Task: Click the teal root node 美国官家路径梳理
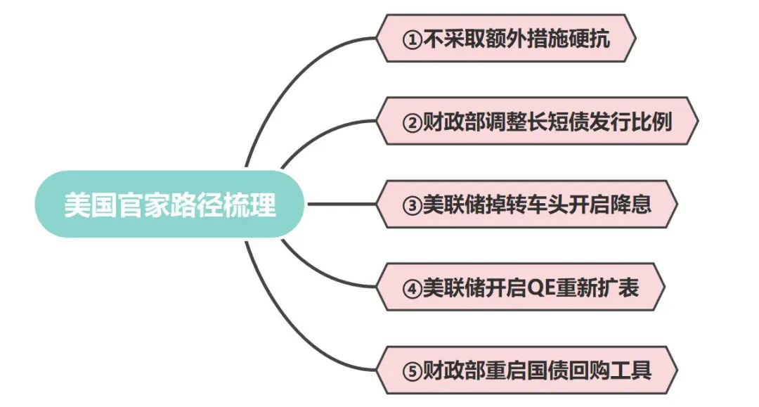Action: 170,205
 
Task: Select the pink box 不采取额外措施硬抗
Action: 506,38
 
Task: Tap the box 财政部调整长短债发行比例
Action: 538,121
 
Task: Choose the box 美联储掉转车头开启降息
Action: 527,205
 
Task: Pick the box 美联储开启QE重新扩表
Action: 521,287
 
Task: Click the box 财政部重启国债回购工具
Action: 527,370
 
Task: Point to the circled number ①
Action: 412,39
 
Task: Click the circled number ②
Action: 412,122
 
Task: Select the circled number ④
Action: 412,289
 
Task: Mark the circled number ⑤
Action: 412,372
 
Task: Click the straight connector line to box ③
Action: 342,205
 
